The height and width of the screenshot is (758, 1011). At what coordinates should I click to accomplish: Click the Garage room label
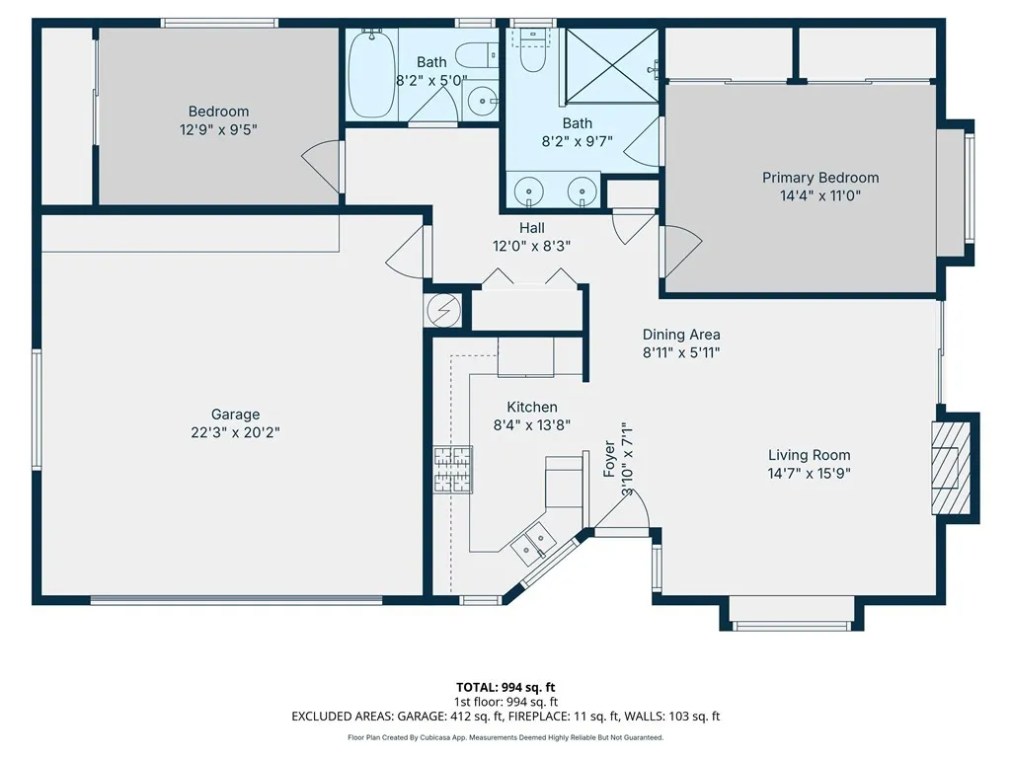click(235, 415)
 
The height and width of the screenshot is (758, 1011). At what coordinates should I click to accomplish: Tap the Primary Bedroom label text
click(820, 178)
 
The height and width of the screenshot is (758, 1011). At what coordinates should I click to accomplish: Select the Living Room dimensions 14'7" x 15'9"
click(809, 473)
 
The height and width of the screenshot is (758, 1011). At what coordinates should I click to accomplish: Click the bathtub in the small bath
click(372, 73)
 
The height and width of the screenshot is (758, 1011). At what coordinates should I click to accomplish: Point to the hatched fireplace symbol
click(951, 468)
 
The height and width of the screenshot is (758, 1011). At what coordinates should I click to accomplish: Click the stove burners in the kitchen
click(452, 471)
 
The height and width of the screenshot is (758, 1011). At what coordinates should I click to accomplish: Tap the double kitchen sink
click(533, 540)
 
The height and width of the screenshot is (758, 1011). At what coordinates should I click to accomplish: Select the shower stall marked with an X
click(612, 66)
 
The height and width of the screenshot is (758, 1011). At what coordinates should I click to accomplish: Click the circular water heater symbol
click(443, 311)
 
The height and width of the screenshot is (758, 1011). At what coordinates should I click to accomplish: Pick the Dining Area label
click(681, 335)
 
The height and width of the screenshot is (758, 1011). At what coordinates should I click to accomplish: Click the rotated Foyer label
click(609, 459)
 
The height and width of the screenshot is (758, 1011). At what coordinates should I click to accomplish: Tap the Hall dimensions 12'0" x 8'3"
click(531, 246)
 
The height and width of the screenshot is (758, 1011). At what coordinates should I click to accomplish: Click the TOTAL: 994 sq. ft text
click(505, 687)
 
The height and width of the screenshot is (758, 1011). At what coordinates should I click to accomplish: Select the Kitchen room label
click(532, 408)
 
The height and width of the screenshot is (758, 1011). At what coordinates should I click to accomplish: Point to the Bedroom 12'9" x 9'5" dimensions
click(218, 129)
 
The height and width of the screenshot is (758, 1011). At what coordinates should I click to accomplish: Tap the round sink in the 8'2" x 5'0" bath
click(482, 102)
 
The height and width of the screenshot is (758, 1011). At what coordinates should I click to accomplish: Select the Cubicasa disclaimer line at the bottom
click(505, 737)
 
